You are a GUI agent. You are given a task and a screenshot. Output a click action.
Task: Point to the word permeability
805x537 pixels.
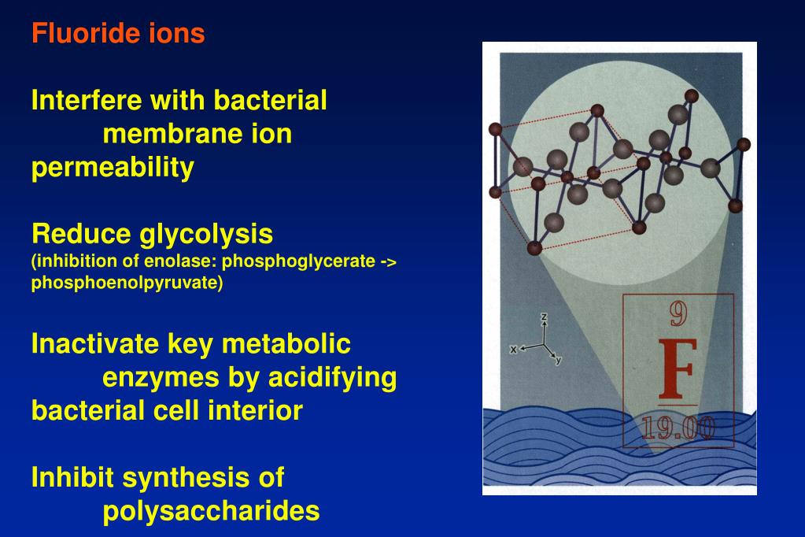[x=112, y=168]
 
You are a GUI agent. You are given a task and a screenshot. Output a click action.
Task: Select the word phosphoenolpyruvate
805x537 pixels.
[x=124, y=283]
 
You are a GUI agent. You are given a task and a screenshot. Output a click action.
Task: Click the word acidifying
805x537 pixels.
[x=331, y=378]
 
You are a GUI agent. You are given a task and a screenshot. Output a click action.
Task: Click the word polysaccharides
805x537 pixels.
[x=211, y=511]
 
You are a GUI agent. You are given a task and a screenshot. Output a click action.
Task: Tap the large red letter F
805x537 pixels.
[x=677, y=369]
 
